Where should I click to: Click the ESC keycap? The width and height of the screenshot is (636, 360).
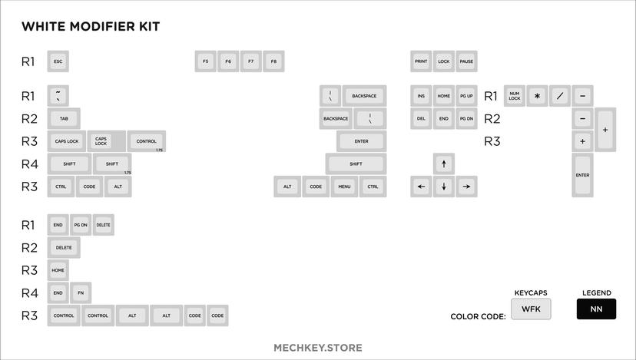pyautogui.click(x=58, y=61)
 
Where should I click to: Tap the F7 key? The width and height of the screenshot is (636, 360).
pyautogui.click(x=250, y=61)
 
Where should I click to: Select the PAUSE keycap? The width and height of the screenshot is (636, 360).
pyautogui.click(x=466, y=61)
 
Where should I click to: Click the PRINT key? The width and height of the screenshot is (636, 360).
pyautogui.click(x=421, y=61)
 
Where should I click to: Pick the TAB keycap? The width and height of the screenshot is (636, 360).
pyautogui.click(x=64, y=119)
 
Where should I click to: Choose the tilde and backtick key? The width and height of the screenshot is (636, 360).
pyautogui.click(x=58, y=96)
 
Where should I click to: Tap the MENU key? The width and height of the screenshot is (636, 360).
pyautogui.click(x=343, y=187)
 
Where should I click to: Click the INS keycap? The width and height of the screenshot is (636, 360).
pyautogui.click(x=421, y=96)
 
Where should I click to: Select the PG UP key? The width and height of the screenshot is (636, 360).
pyautogui.click(x=466, y=96)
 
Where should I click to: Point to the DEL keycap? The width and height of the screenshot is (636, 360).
pyautogui.click(x=421, y=119)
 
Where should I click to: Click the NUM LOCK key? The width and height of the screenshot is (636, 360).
pyautogui.click(x=515, y=96)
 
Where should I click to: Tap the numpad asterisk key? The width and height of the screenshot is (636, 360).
pyautogui.click(x=538, y=96)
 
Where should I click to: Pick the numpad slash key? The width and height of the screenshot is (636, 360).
pyautogui.click(x=560, y=96)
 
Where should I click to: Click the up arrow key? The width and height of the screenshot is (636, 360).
pyautogui.click(x=444, y=163)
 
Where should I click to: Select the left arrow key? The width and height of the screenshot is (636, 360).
pyautogui.click(x=421, y=187)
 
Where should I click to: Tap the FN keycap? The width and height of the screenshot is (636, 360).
pyautogui.click(x=81, y=292)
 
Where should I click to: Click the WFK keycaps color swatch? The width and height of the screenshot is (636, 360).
pyautogui.click(x=532, y=309)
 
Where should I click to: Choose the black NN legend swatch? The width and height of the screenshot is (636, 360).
pyautogui.click(x=596, y=309)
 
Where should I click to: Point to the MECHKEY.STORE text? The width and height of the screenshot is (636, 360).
pyautogui.click(x=318, y=348)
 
